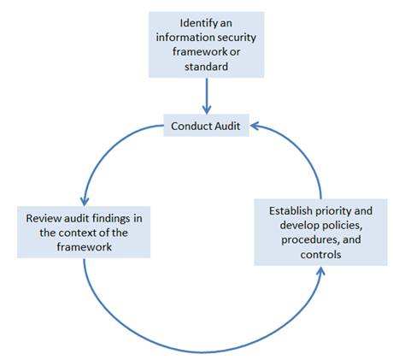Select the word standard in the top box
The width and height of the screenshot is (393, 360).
[206, 65]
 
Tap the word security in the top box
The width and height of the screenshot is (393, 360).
[231, 36]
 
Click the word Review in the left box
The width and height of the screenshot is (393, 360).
[44, 218]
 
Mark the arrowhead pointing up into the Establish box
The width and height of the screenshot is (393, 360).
[322, 272]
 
